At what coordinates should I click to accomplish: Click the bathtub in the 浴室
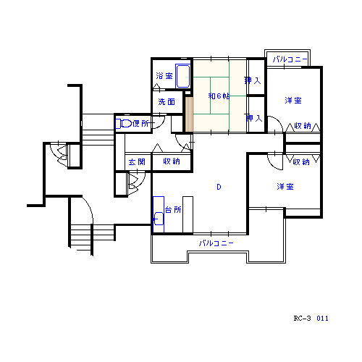point(182,76)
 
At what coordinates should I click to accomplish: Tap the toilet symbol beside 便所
point(124,124)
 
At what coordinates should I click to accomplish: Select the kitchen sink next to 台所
point(159,219)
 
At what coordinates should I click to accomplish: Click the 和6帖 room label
point(219,96)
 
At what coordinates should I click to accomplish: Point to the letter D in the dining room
point(219,187)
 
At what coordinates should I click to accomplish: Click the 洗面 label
point(167,101)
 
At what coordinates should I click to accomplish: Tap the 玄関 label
point(137,161)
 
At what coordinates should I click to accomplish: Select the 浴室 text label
point(164,76)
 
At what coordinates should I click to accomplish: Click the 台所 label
point(173,209)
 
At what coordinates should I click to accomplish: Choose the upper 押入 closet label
point(253,80)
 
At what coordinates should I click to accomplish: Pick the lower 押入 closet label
point(254,118)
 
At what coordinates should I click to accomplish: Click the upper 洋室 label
point(293,101)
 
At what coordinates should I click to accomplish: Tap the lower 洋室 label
point(285,187)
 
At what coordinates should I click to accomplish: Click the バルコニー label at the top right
point(290,59)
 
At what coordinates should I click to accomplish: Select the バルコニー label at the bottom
point(216,243)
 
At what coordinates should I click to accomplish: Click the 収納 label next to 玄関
point(172,161)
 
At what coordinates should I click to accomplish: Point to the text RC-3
point(302,319)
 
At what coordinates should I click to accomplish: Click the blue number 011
point(322,319)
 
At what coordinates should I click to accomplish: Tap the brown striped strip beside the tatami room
point(189,114)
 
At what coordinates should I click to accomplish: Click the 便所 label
point(141,124)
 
